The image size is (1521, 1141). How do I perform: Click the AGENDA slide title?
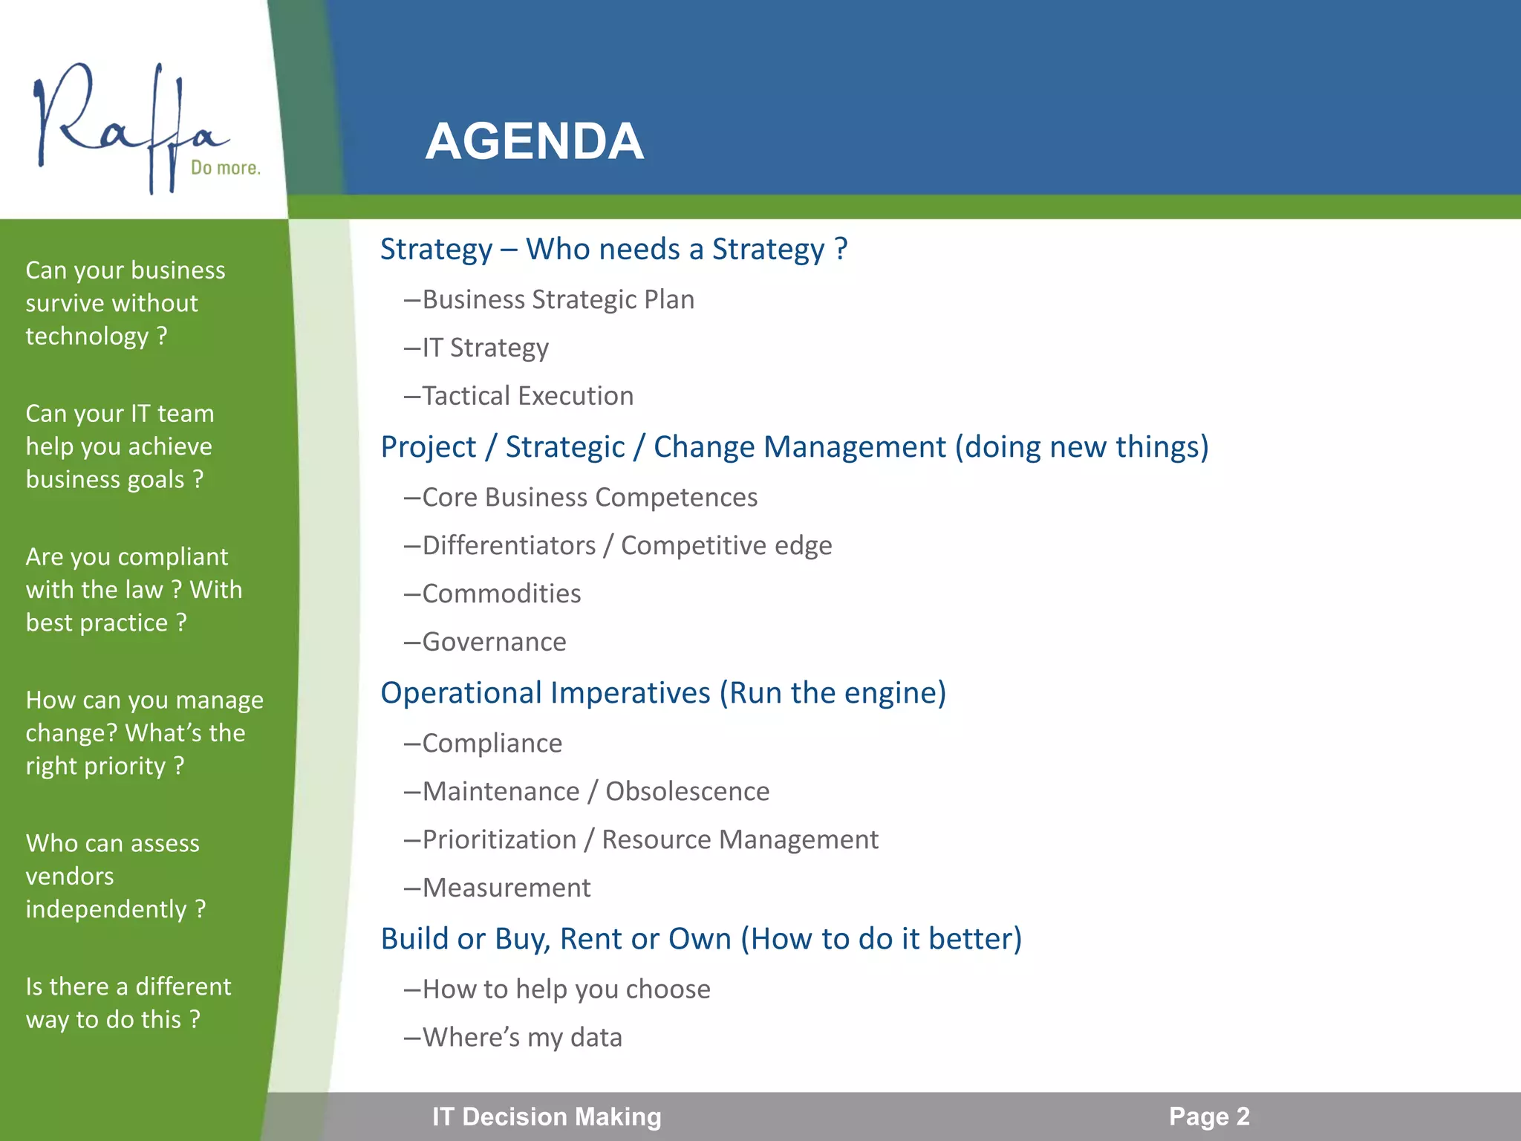click(534, 141)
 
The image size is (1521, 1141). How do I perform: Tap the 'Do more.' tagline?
click(225, 168)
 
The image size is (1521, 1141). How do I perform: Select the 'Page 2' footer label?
click(1209, 1116)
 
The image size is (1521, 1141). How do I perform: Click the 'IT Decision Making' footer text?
click(547, 1116)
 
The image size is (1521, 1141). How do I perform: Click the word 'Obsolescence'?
click(687, 791)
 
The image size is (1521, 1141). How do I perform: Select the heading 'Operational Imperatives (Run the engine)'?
click(663, 692)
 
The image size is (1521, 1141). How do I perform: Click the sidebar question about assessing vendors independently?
click(115, 876)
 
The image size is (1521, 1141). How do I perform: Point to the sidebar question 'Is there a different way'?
click(128, 1002)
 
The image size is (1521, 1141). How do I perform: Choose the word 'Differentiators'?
click(509, 545)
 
